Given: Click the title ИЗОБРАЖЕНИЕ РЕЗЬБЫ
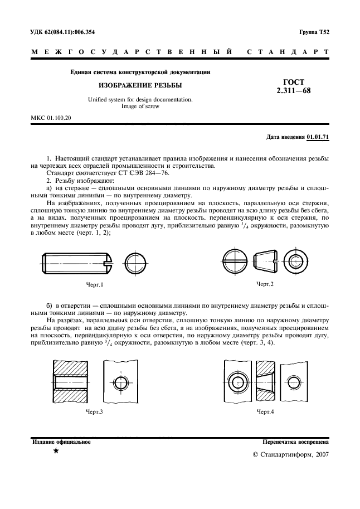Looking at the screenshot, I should [140, 86].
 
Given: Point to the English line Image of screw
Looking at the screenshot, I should [140, 106].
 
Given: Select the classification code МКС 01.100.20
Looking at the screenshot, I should [51, 118].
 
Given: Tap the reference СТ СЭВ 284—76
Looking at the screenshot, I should [128, 173].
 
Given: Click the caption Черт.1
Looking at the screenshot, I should [95, 285].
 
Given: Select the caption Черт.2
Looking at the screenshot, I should [265, 284].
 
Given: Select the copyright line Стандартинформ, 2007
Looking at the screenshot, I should [291, 454].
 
